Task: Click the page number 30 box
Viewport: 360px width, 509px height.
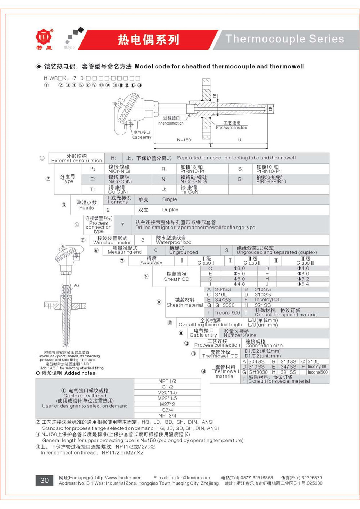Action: [x=44, y=480]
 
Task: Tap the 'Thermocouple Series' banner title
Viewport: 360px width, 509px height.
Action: [x=285, y=39]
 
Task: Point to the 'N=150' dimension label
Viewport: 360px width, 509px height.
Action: [x=184, y=140]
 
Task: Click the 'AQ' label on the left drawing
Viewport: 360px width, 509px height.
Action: [x=76, y=285]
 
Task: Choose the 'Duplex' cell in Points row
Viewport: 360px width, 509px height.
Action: [x=170, y=210]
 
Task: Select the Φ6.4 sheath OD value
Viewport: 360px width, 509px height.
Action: [x=303, y=284]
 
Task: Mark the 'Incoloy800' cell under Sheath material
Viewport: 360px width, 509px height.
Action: [x=267, y=299]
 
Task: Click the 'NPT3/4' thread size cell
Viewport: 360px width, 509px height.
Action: [x=167, y=415]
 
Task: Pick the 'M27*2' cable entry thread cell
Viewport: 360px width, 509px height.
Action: [x=167, y=404]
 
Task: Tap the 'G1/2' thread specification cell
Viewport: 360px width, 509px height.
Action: [x=167, y=387]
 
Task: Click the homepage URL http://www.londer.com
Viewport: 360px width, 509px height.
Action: [x=118, y=478]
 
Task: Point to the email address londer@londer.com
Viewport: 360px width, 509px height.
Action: [x=189, y=478]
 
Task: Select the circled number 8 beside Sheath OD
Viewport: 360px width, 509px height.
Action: [x=146, y=276]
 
